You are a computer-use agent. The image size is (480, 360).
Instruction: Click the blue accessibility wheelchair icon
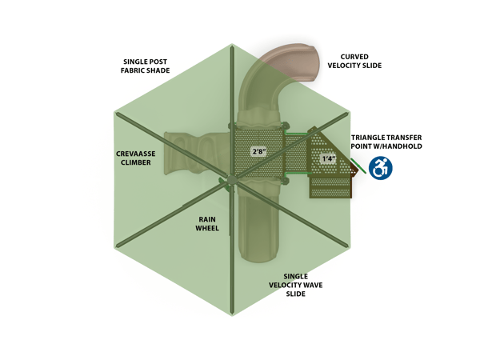tap(381, 167)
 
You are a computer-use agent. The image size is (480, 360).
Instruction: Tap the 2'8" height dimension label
tap(258, 150)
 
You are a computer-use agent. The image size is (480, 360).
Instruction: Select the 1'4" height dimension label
tap(329, 158)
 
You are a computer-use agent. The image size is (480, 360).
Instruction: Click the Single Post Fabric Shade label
tap(146, 66)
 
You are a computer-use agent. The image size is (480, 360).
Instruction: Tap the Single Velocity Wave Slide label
tap(295, 285)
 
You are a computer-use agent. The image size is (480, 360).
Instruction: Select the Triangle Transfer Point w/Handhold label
tap(386, 142)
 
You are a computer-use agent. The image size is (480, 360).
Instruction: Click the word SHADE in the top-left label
tap(158, 70)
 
